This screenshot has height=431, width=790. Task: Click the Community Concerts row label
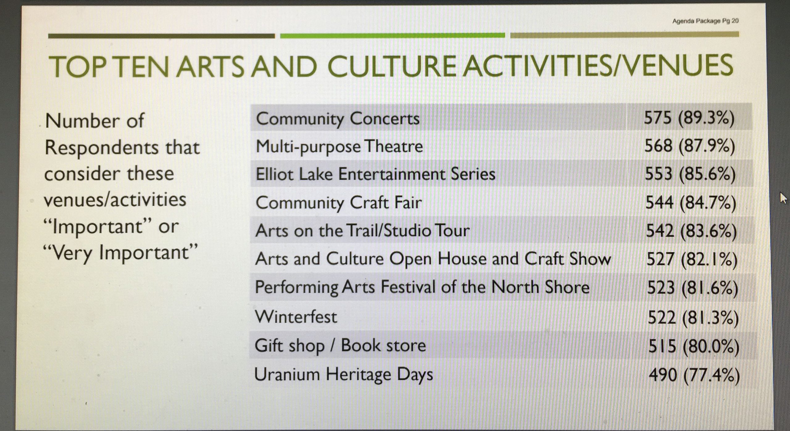click(x=338, y=119)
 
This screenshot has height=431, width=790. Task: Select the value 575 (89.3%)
click(x=689, y=118)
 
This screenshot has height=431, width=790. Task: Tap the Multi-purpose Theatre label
click(x=339, y=146)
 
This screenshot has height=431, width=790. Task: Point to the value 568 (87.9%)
click(x=690, y=146)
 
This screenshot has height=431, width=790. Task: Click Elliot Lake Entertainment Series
click(x=376, y=174)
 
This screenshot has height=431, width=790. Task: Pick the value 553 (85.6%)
click(x=690, y=174)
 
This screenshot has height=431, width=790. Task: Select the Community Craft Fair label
click(x=339, y=203)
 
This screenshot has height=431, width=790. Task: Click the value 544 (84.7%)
click(x=691, y=203)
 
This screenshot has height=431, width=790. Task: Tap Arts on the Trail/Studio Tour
click(x=363, y=231)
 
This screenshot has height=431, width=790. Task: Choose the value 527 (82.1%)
click(x=692, y=259)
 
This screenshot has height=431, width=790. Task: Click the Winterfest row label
click(x=296, y=317)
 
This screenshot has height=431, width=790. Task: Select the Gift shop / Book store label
click(x=340, y=345)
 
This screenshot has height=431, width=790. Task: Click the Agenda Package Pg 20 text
click(x=705, y=21)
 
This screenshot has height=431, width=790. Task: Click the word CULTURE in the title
click(x=391, y=66)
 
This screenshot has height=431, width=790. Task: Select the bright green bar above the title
click(x=393, y=36)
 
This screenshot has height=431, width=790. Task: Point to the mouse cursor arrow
click(x=783, y=198)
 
